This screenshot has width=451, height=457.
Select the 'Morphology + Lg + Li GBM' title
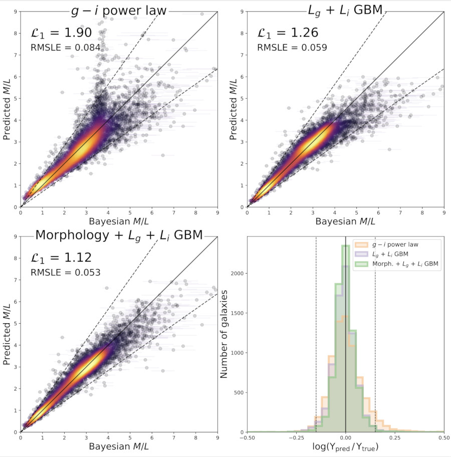click(119, 235)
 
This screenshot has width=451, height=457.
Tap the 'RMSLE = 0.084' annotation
click(66, 48)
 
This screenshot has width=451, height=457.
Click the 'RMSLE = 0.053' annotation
click(66, 273)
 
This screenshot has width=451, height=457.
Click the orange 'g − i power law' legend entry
click(396, 245)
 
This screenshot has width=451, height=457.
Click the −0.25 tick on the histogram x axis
click(296, 437)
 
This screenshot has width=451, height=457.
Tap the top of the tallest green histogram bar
click(346, 246)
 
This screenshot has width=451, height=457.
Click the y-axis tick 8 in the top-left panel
click(16, 34)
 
